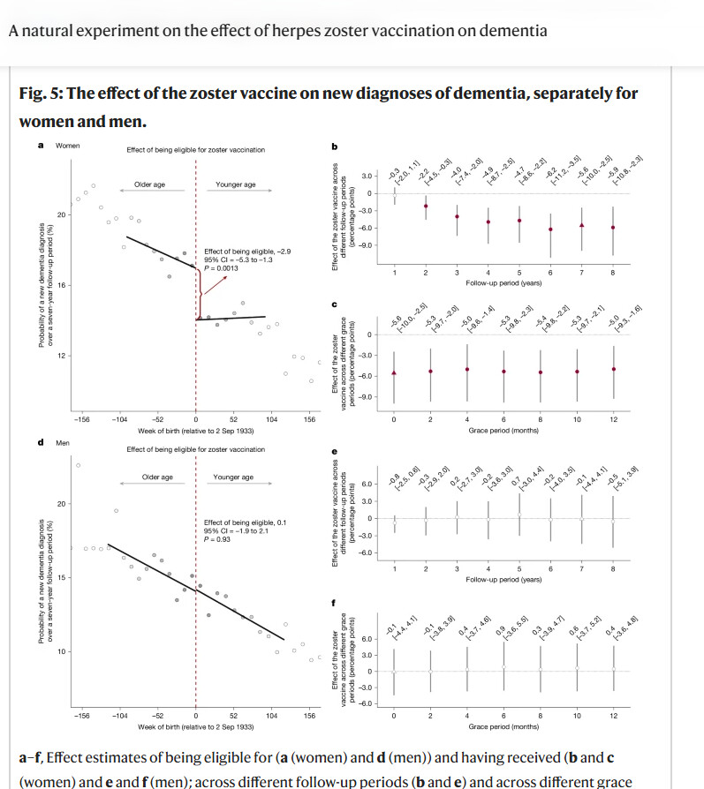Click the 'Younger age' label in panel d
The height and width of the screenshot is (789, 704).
coord(233,477)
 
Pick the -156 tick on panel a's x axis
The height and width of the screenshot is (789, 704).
coord(81,420)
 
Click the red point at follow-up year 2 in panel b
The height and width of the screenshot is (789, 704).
coord(425,206)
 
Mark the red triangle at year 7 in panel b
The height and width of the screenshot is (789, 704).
coord(581,225)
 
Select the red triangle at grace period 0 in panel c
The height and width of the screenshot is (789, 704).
coord(394,372)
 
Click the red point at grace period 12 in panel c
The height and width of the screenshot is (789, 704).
coord(613,369)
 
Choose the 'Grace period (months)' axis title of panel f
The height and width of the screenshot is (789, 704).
coord(503,726)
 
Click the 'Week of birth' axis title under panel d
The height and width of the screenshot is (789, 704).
coord(195,726)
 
